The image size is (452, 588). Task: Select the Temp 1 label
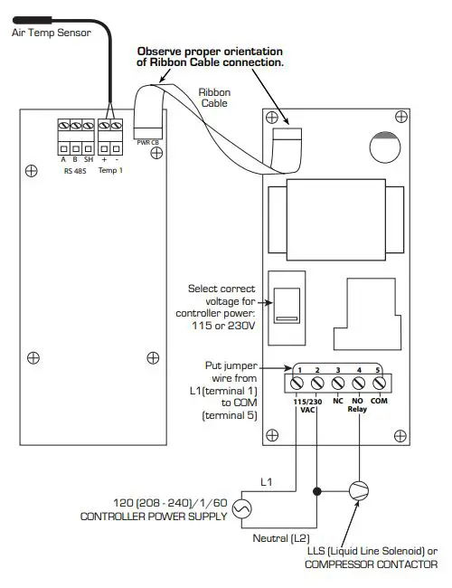109,169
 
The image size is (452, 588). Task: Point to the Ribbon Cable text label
213,98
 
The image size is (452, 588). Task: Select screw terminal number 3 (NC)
338,384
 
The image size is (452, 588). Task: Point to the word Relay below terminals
359,409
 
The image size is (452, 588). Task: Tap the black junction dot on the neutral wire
316,492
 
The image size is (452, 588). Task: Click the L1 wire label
266,480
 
